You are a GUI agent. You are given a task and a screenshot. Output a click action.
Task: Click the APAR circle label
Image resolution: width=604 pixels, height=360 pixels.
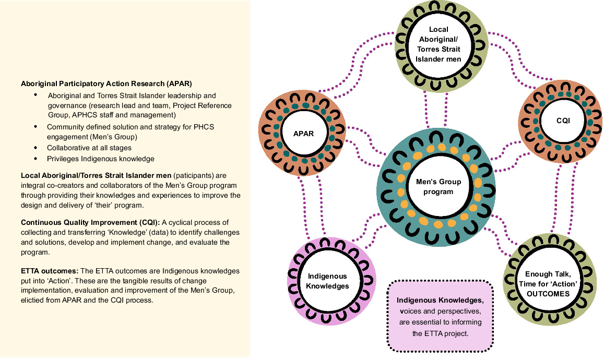pos(303,134)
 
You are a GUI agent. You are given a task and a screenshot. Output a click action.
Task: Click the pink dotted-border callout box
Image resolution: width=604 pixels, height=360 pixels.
pos(440,316)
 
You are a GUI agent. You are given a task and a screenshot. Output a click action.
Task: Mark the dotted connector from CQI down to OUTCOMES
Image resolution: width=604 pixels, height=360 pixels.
pos(556,198)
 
